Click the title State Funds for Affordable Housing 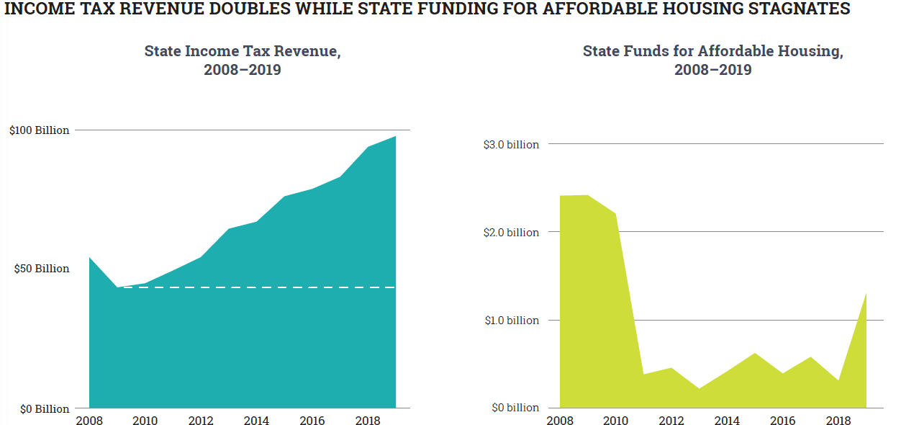click(712, 52)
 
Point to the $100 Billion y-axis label click(40, 130)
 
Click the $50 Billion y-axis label click(42, 269)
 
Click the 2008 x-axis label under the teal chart click(89, 421)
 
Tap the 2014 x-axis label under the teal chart click(256, 421)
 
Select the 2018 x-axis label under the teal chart click(368, 421)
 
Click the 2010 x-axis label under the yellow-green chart click(615, 421)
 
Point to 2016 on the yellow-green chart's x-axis click(782, 421)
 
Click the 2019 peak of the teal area click(395, 137)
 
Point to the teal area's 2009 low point click(117, 287)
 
